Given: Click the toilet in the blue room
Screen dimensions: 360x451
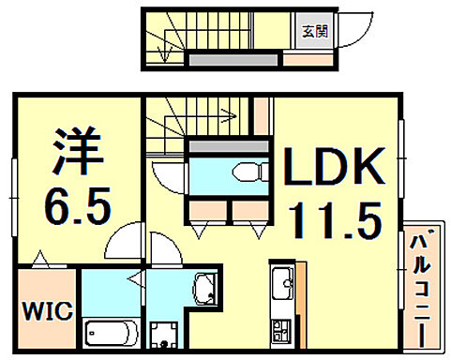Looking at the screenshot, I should point(246,172).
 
